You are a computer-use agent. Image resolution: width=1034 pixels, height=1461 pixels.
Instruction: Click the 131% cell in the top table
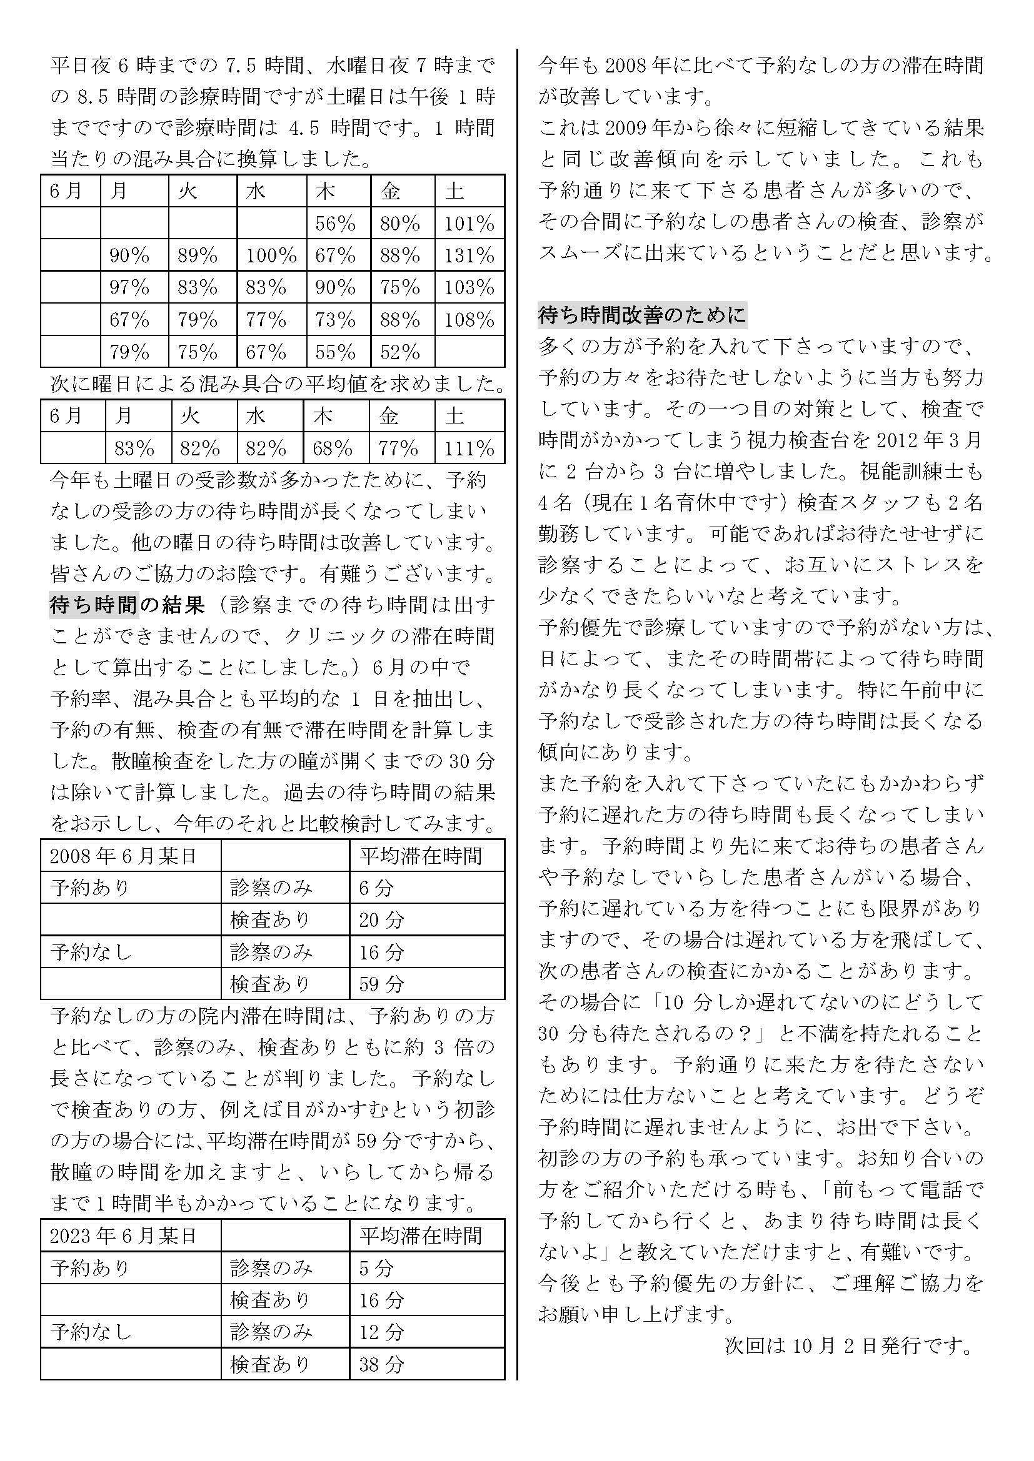pos(469,256)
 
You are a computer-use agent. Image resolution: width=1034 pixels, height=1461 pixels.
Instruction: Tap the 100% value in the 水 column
pos(271,256)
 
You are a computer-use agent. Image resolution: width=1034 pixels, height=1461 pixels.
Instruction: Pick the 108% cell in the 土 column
pos(469,319)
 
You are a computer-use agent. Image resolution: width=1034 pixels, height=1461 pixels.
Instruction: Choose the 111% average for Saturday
pos(469,448)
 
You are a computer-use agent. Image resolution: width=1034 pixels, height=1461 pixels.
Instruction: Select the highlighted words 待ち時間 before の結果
pos(94,605)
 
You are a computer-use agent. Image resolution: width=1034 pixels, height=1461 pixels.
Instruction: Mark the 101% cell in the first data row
pos(469,224)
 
